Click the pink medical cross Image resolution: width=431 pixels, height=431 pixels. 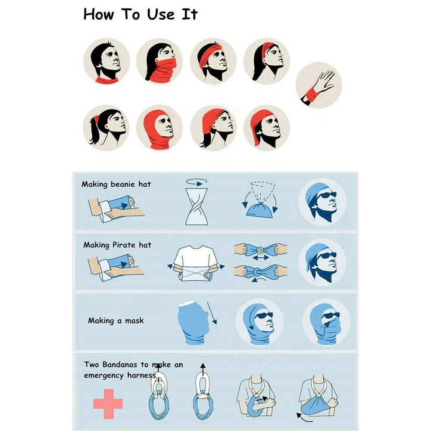click(x=108, y=403)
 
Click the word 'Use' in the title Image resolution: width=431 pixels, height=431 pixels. click(x=159, y=14)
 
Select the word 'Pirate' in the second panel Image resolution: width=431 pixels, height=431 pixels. click(x=124, y=245)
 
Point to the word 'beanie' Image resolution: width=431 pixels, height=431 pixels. click(x=122, y=184)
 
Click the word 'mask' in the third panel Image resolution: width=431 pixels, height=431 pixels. click(x=134, y=321)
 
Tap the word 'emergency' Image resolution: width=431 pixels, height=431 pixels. click(x=104, y=375)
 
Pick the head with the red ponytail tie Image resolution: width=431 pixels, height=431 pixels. click(x=106, y=127)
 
